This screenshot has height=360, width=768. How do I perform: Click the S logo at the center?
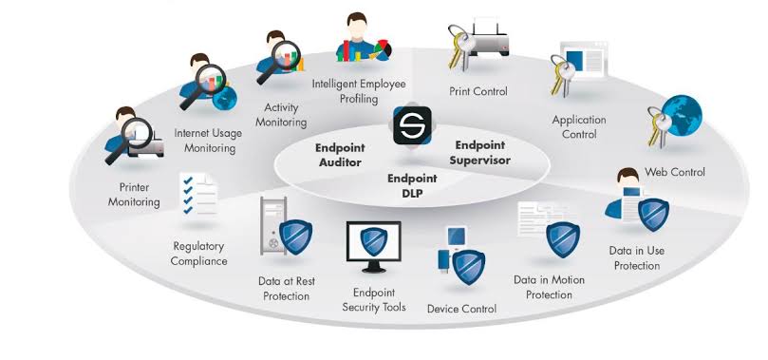(x=412, y=125)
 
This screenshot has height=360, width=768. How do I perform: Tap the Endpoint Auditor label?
(x=340, y=155)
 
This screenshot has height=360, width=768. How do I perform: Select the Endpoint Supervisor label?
(x=480, y=153)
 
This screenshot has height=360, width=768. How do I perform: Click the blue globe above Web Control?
(x=682, y=116)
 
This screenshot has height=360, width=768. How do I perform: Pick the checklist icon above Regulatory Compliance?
(x=199, y=195)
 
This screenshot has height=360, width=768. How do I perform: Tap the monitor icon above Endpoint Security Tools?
(x=374, y=246)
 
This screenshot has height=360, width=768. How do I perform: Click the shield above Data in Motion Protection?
(x=563, y=239)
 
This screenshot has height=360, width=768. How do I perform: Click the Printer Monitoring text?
(x=134, y=195)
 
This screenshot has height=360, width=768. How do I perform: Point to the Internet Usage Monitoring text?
(x=208, y=141)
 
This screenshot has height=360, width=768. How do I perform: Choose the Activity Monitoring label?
(x=281, y=115)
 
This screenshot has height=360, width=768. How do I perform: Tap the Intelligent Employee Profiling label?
(x=359, y=91)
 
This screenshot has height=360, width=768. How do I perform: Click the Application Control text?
(x=579, y=127)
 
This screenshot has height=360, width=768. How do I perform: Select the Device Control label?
(x=461, y=309)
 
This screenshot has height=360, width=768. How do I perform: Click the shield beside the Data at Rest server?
(x=295, y=237)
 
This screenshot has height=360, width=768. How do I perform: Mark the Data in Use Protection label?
(x=637, y=258)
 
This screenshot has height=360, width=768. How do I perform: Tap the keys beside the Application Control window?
(x=559, y=74)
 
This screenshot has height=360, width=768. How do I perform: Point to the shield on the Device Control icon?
(x=468, y=267)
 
